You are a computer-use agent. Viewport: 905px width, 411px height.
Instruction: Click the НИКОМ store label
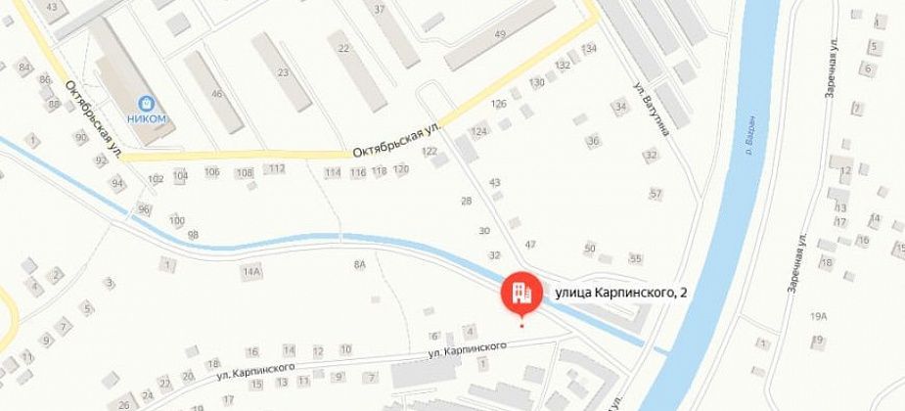coord(147,118)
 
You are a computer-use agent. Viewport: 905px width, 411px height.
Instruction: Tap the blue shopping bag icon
coord(147,102)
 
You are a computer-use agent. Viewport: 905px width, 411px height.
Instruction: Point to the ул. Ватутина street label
coord(653,109)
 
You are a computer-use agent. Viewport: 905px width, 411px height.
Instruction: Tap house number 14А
coord(252,271)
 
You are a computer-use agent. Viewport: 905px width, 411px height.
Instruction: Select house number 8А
coord(360,264)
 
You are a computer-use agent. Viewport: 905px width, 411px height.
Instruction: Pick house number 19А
coord(818,316)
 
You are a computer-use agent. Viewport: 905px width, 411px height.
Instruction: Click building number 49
coord(500,36)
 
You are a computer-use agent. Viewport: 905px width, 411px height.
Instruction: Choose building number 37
coord(380,9)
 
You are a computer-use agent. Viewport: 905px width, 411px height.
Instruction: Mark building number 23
coord(283,72)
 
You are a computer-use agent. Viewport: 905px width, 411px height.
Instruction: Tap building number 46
coord(217,94)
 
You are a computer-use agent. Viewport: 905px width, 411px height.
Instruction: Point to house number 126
coord(499,104)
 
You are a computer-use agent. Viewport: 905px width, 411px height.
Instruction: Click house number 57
coord(656,193)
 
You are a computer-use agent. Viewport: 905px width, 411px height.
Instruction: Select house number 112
coord(277,168)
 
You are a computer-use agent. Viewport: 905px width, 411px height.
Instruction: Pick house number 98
coord(193,235)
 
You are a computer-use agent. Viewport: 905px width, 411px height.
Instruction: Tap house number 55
coord(636,258)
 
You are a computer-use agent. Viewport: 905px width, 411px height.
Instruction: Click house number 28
coord(466,201)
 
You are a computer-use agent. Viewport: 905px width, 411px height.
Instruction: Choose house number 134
coord(589,49)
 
